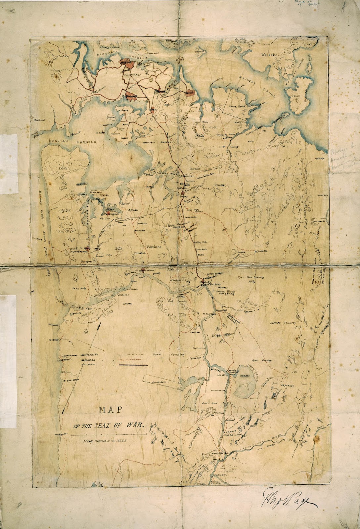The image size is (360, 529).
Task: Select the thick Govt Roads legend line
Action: click(133, 365)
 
